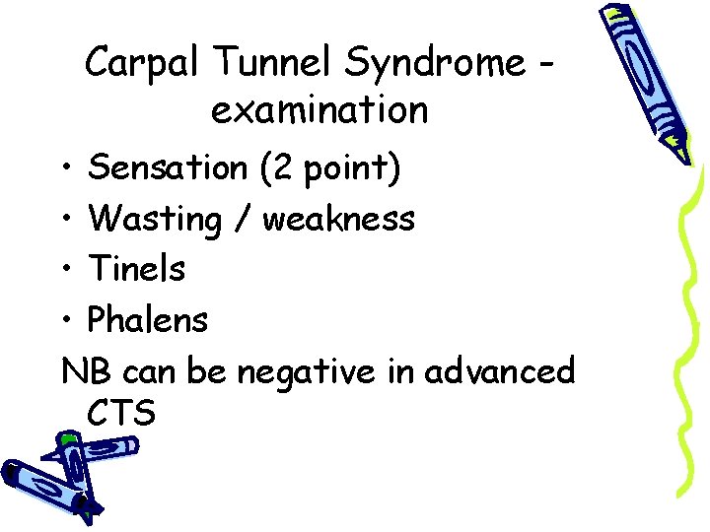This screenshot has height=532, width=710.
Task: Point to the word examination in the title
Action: tap(319, 110)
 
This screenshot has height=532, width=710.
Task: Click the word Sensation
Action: tap(167, 168)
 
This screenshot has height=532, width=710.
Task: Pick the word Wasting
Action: tap(155, 219)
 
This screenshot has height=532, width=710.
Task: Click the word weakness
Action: tap(338, 219)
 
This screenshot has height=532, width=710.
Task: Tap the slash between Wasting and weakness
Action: tap(242, 219)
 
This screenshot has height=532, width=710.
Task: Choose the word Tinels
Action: tap(136, 268)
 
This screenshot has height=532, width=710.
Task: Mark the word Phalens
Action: tap(148, 318)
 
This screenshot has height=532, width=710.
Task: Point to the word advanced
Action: tap(499, 370)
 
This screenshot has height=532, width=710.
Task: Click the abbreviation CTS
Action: tap(121, 414)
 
